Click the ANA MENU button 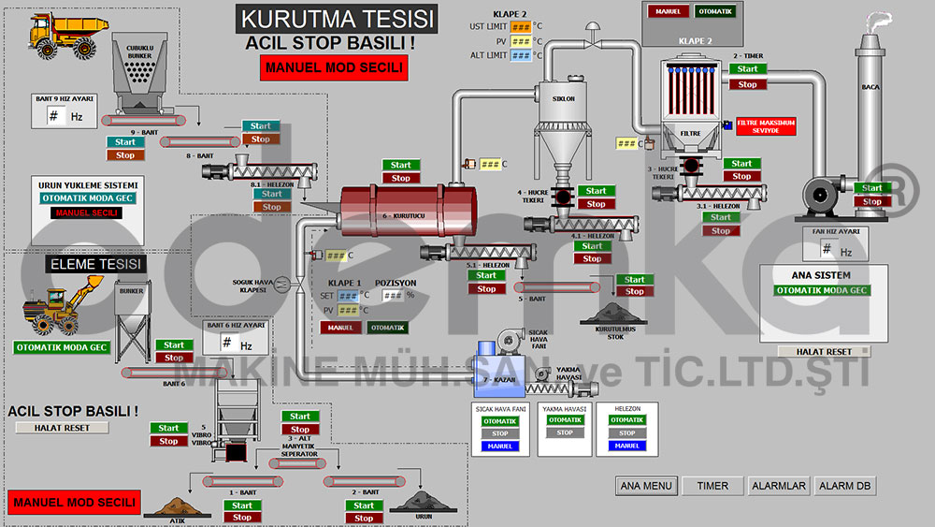click(x=647, y=486)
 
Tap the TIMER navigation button click(x=712, y=486)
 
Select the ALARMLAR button click(x=778, y=486)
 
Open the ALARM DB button click(x=845, y=486)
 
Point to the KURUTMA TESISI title click(x=336, y=19)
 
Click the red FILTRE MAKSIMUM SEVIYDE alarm click(x=766, y=125)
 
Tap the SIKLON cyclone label click(x=563, y=97)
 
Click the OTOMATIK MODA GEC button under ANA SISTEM click(x=822, y=290)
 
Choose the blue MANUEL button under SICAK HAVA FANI click(x=500, y=446)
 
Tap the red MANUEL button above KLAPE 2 click(x=668, y=11)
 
